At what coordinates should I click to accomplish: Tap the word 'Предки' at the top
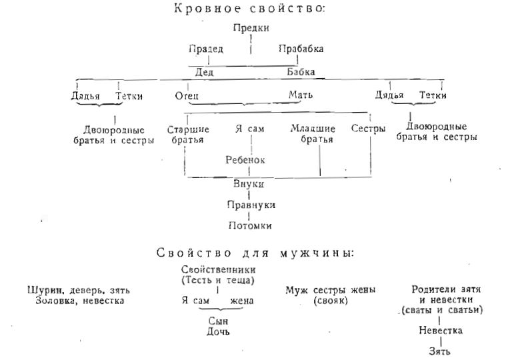pyautogui.click(x=250, y=28)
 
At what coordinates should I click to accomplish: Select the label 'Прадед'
pyautogui.click(x=205, y=49)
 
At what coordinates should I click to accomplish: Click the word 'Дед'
pyautogui.click(x=204, y=72)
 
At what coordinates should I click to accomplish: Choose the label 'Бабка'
pyautogui.click(x=301, y=72)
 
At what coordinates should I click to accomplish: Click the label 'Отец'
pyautogui.click(x=187, y=96)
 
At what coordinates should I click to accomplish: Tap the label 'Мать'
pyautogui.click(x=300, y=96)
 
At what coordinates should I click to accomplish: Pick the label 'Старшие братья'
pyautogui.click(x=188, y=133)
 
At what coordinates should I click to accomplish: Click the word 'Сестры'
pyautogui.click(x=369, y=129)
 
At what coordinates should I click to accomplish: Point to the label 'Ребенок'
pyautogui.click(x=246, y=160)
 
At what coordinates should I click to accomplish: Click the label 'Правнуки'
pyautogui.click(x=250, y=205)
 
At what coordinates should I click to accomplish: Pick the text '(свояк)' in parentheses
pyautogui.click(x=330, y=301)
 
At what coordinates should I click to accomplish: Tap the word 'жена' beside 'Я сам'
pyautogui.click(x=241, y=301)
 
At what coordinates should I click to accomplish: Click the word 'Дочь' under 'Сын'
pyautogui.click(x=218, y=331)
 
